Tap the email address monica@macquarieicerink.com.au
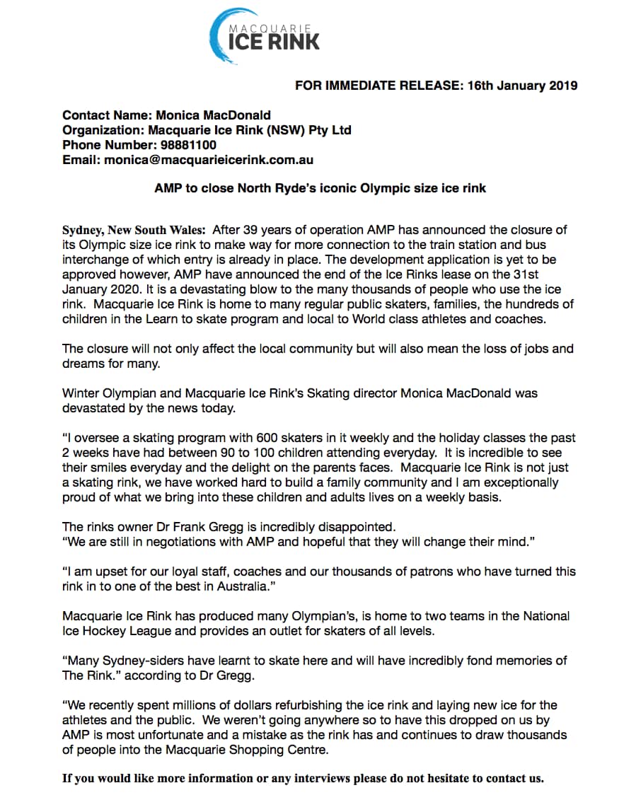click(x=209, y=160)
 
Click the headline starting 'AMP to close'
click(x=320, y=189)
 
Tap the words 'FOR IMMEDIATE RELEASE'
click(x=376, y=86)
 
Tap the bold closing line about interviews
click(x=303, y=778)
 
